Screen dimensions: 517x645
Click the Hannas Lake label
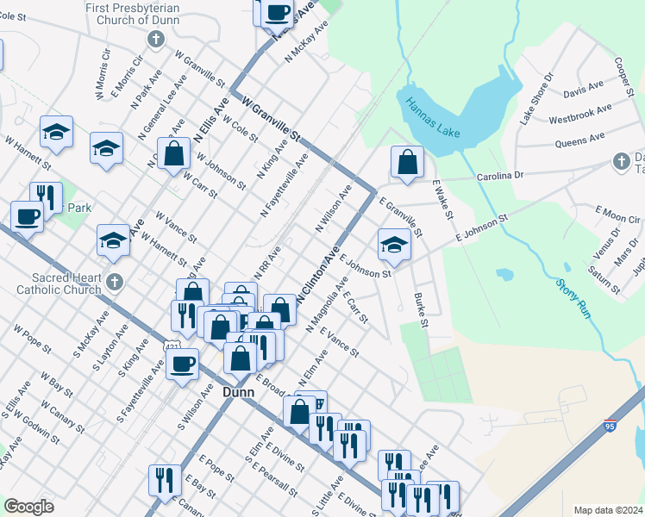tap(436, 119)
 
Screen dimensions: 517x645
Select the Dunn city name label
tap(238, 391)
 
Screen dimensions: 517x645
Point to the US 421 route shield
tap(172, 346)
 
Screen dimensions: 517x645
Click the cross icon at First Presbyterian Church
tap(155, 39)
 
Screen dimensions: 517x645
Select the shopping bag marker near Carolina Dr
tap(407, 161)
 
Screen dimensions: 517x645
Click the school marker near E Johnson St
tap(394, 245)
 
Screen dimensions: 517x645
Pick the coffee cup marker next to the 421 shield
tap(182, 363)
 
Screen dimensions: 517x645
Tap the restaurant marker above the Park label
tap(46, 197)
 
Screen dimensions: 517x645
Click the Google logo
tap(29, 507)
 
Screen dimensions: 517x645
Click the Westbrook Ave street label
tap(579, 114)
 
